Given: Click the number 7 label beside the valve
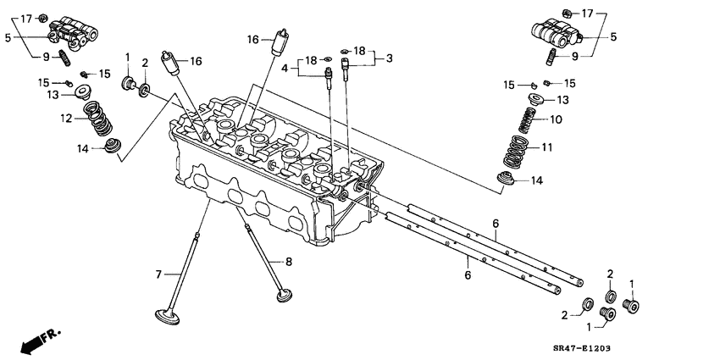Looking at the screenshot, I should coord(158,274).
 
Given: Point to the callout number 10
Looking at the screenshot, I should coord(557,119).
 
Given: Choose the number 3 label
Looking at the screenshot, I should coord(390,58).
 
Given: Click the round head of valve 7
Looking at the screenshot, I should coord(163,318).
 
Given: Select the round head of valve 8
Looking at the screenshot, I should coord(284,296).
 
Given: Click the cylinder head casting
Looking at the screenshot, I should coord(271,169).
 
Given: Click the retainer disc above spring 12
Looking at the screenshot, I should coord(85,91).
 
